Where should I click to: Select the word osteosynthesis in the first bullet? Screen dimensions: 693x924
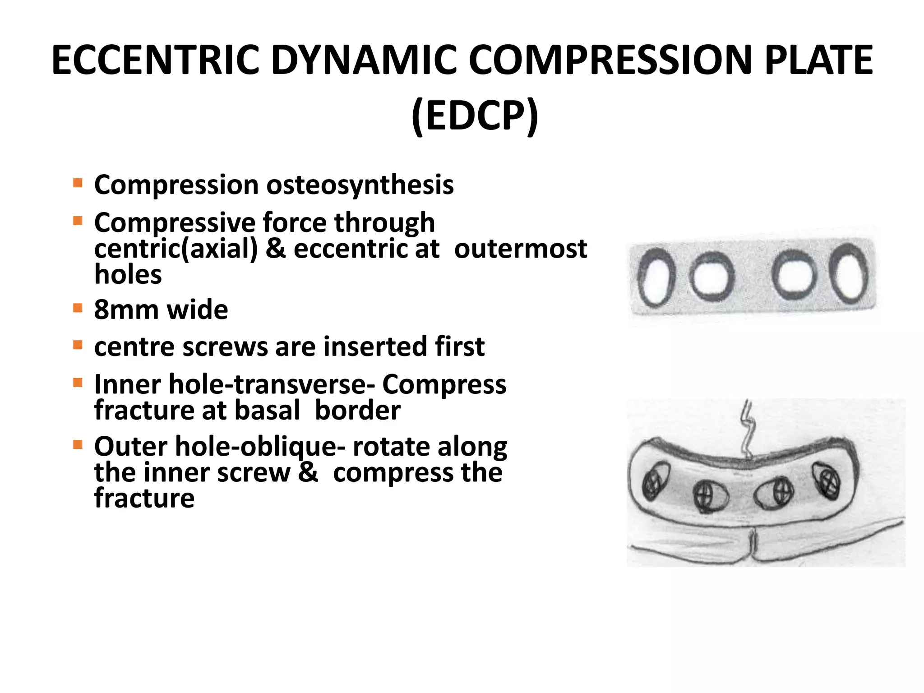360,185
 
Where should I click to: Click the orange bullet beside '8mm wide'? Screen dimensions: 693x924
78,308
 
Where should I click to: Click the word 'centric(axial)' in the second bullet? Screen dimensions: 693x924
176,249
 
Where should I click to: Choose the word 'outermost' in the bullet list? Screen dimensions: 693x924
520,249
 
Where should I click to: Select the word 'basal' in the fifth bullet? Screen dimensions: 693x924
267,410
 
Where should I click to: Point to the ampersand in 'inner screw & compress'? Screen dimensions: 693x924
308,472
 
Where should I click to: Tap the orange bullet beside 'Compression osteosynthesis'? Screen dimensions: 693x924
78,183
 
